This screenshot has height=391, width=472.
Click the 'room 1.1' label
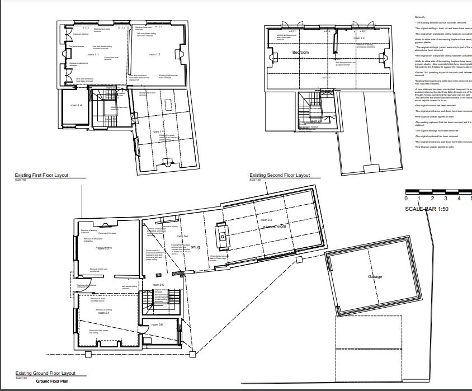pos(93,55)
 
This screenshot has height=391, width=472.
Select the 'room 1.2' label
pos(154,54)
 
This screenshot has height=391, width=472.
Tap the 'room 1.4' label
pos(76,105)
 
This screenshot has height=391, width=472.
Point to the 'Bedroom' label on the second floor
pos(301,53)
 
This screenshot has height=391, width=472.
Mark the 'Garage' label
pos(375,277)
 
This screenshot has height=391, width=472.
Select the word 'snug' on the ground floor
pos(195,247)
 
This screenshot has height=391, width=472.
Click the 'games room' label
pos(274,227)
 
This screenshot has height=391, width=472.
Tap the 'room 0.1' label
pos(103,313)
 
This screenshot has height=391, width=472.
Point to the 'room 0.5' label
pos(158,285)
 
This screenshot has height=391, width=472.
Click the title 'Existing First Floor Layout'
pos(41,175)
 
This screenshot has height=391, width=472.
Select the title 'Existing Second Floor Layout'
pos(280,175)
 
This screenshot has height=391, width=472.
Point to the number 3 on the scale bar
pos(445,199)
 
